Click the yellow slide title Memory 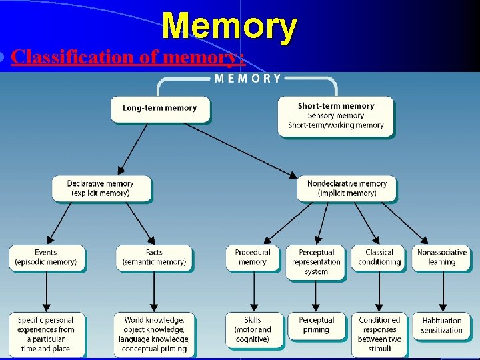[229, 27]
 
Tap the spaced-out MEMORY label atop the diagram [247, 79]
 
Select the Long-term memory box [160, 109]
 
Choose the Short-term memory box [335, 115]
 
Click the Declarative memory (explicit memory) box [101, 189]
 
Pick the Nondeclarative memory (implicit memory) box [347, 189]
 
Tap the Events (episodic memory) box [46, 257]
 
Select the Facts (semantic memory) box [154, 257]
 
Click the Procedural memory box [253, 257]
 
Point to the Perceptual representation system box [316, 261]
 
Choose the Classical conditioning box [379, 257]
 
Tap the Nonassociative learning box [442, 257]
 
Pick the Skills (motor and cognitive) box [253, 329]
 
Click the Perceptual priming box [316, 325]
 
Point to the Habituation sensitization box [442, 325]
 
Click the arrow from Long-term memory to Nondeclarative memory [240, 150]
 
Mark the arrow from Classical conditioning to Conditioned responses [379, 291]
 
